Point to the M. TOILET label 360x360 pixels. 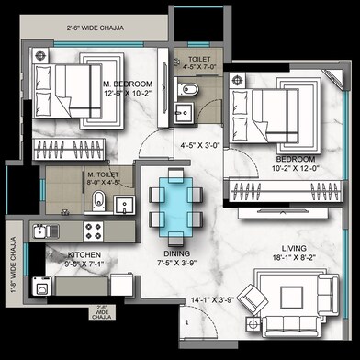click(103, 174)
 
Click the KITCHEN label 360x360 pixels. click(83, 255)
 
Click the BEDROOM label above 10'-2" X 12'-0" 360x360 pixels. click(294, 158)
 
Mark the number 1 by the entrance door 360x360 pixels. click(187, 321)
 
